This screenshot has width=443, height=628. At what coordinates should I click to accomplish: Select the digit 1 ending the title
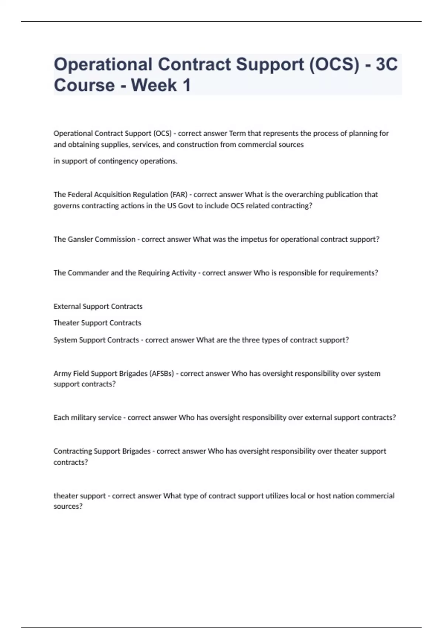point(186,85)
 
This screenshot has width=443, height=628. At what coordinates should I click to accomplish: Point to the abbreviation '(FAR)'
point(179,195)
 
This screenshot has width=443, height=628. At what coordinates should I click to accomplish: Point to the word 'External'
point(67,306)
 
